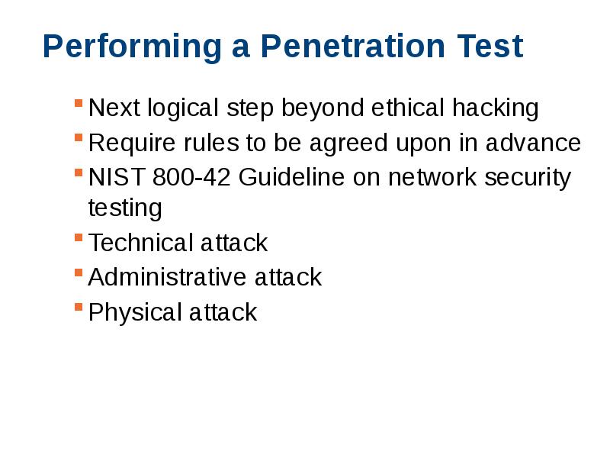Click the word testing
(125, 208)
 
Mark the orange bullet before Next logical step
(79, 103)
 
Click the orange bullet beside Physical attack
(79, 307)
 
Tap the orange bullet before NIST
(79, 173)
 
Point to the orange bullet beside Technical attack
(79, 237)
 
